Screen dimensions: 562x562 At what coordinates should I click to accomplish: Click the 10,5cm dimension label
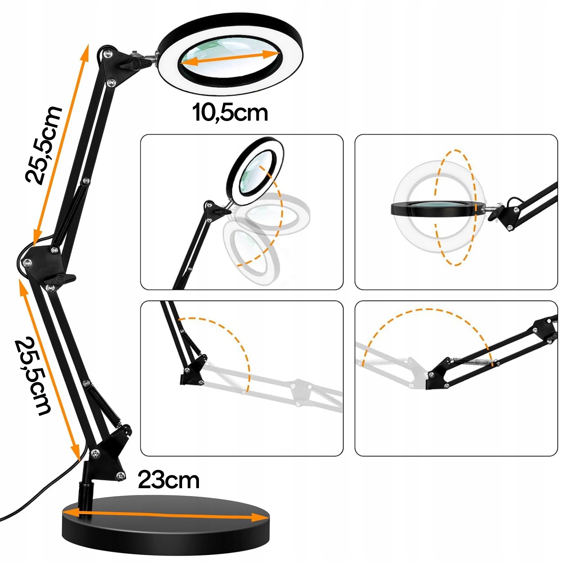[230, 112]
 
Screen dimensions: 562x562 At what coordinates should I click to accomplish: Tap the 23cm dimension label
[169, 480]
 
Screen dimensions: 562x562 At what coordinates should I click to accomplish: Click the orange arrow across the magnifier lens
[230, 59]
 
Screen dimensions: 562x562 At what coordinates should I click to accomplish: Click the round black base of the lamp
[165, 532]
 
